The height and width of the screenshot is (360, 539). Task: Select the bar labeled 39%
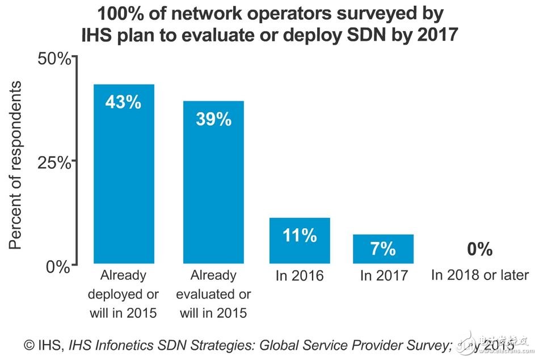213,182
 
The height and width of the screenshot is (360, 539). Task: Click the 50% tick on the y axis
54,59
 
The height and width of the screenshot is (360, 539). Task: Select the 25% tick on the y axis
54,162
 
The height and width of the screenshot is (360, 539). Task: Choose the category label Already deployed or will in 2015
124,294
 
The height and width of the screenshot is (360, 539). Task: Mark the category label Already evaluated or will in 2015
213,294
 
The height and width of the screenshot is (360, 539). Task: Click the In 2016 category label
300,276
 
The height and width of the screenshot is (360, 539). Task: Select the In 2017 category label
384,276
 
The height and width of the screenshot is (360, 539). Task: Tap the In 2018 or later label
479,275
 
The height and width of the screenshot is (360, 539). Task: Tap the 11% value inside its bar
300,236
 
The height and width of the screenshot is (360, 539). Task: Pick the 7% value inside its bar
384,249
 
